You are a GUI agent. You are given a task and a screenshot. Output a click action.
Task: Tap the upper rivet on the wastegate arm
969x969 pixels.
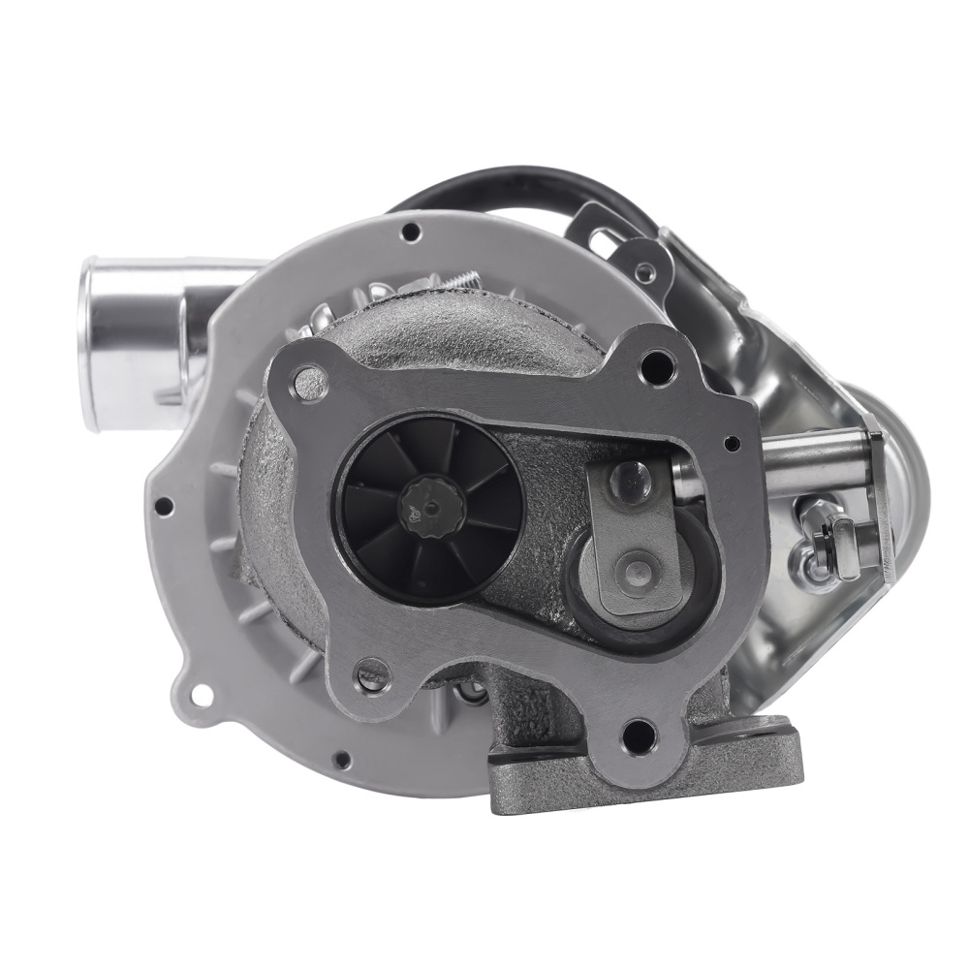(632, 477)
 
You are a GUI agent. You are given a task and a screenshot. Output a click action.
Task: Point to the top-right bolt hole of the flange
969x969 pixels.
(661, 365)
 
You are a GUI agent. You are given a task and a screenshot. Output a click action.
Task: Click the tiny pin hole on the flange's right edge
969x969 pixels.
(734, 443)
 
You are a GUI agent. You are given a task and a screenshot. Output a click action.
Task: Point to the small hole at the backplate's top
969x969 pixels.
(412, 233)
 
